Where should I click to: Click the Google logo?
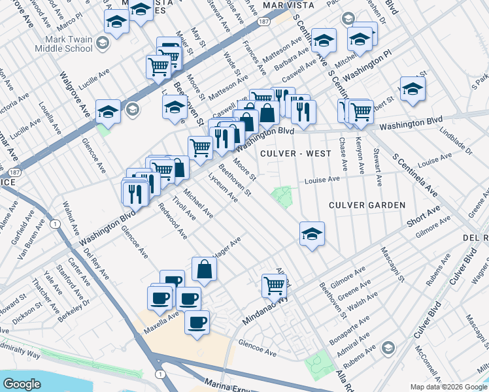pyautogui.click(x=22, y=384)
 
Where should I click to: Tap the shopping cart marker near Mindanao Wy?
pyautogui.click(x=275, y=285)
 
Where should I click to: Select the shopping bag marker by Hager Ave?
pyautogui.click(x=204, y=269)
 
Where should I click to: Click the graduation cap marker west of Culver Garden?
pyautogui.click(x=312, y=233)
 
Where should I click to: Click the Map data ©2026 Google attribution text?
pyautogui.click(x=448, y=386)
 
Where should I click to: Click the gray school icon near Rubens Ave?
pyautogui.click(x=388, y=346)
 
